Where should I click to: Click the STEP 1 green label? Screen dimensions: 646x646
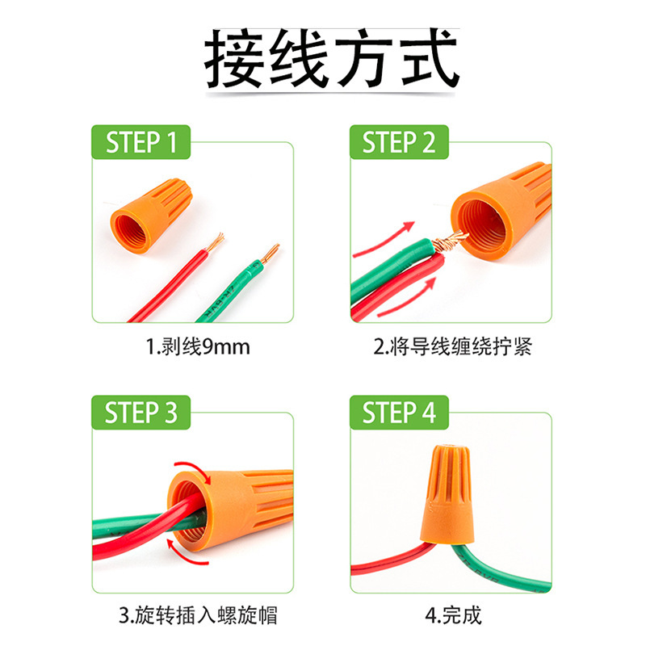(x=141, y=143)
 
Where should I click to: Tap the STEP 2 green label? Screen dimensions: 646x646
(x=399, y=143)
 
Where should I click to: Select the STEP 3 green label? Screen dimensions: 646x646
(x=141, y=413)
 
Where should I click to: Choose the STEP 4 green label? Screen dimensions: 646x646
(x=399, y=413)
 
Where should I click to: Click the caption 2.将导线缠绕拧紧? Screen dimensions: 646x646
(x=452, y=348)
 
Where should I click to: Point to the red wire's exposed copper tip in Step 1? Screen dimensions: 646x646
(x=216, y=241)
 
